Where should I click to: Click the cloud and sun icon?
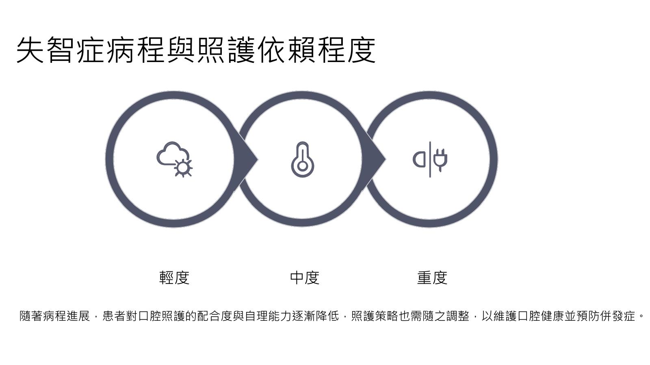(x=174, y=159)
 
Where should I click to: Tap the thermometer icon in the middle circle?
(x=302, y=159)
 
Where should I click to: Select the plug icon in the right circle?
(x=430, y=159)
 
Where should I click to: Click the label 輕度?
(x=174, y=278)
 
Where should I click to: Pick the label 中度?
(x=305, y=278)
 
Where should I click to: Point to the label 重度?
(x=432, y=278)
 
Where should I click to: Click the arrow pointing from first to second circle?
(x=246, y=159)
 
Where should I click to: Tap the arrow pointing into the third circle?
(x=374, y=159)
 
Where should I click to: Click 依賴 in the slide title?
(x=287, y=50)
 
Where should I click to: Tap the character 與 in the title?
(x=181, y=50)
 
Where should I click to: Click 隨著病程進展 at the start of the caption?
(x=54, y=316)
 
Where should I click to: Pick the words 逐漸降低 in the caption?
(x=315, y=316)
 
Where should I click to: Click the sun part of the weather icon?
(x=183, y=168)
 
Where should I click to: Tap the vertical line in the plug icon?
(x=430, y=159)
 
